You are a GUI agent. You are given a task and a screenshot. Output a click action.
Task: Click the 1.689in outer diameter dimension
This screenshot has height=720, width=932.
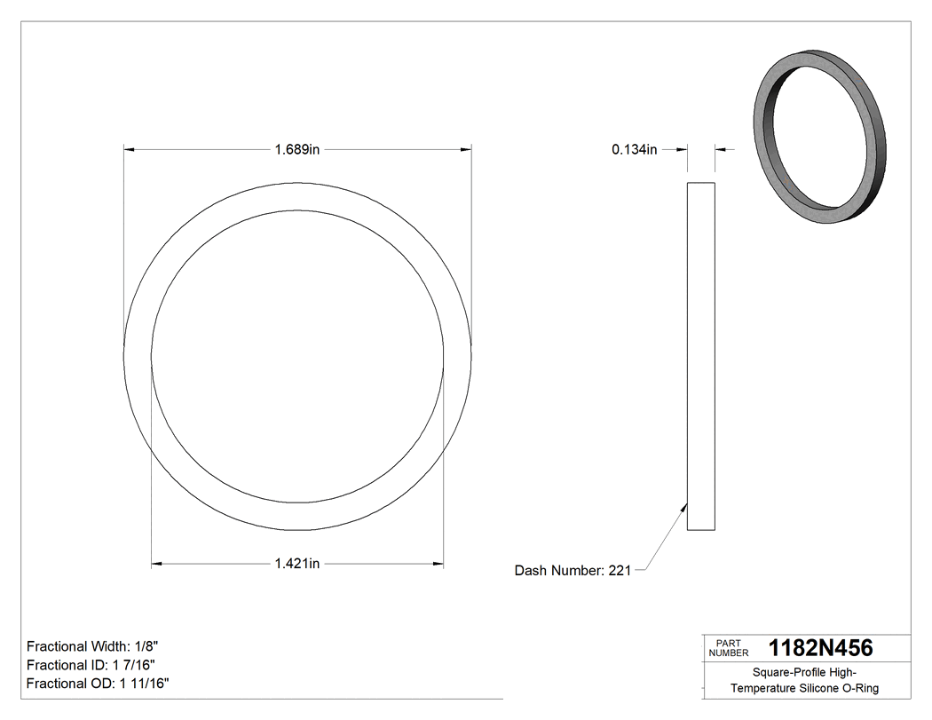296,150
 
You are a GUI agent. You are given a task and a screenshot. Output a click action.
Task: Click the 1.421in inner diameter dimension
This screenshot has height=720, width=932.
296,563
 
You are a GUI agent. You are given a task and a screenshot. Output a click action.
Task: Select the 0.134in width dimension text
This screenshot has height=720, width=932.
634,150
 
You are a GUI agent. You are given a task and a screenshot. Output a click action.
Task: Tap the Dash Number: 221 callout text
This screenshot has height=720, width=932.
573,571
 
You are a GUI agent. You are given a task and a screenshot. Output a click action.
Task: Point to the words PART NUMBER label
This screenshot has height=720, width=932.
728,648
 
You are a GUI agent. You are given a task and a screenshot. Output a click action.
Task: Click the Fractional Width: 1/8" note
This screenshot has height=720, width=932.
93,646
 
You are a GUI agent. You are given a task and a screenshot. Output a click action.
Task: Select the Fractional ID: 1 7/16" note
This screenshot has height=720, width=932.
92,665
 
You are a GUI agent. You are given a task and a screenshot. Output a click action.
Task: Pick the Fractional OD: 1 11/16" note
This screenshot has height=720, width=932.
99,684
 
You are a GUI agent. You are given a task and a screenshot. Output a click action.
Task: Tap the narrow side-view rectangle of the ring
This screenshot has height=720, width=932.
701,355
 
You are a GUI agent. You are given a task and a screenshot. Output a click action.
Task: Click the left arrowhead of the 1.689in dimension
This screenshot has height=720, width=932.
129,150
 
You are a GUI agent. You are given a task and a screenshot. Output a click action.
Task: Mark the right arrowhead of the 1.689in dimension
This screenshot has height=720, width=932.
466,150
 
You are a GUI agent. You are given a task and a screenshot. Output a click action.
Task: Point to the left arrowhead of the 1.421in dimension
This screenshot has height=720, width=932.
157,563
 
